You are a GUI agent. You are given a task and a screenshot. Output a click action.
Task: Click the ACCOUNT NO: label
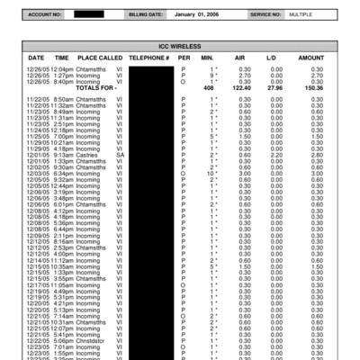click(45, 14)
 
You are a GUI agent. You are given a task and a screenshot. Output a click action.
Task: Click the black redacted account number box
click(88, 14)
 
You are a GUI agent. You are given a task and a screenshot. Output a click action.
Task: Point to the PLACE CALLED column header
click(99, 58)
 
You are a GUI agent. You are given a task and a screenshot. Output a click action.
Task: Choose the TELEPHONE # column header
click(149, 58)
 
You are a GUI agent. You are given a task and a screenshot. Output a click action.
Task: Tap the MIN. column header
click(208, 58)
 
